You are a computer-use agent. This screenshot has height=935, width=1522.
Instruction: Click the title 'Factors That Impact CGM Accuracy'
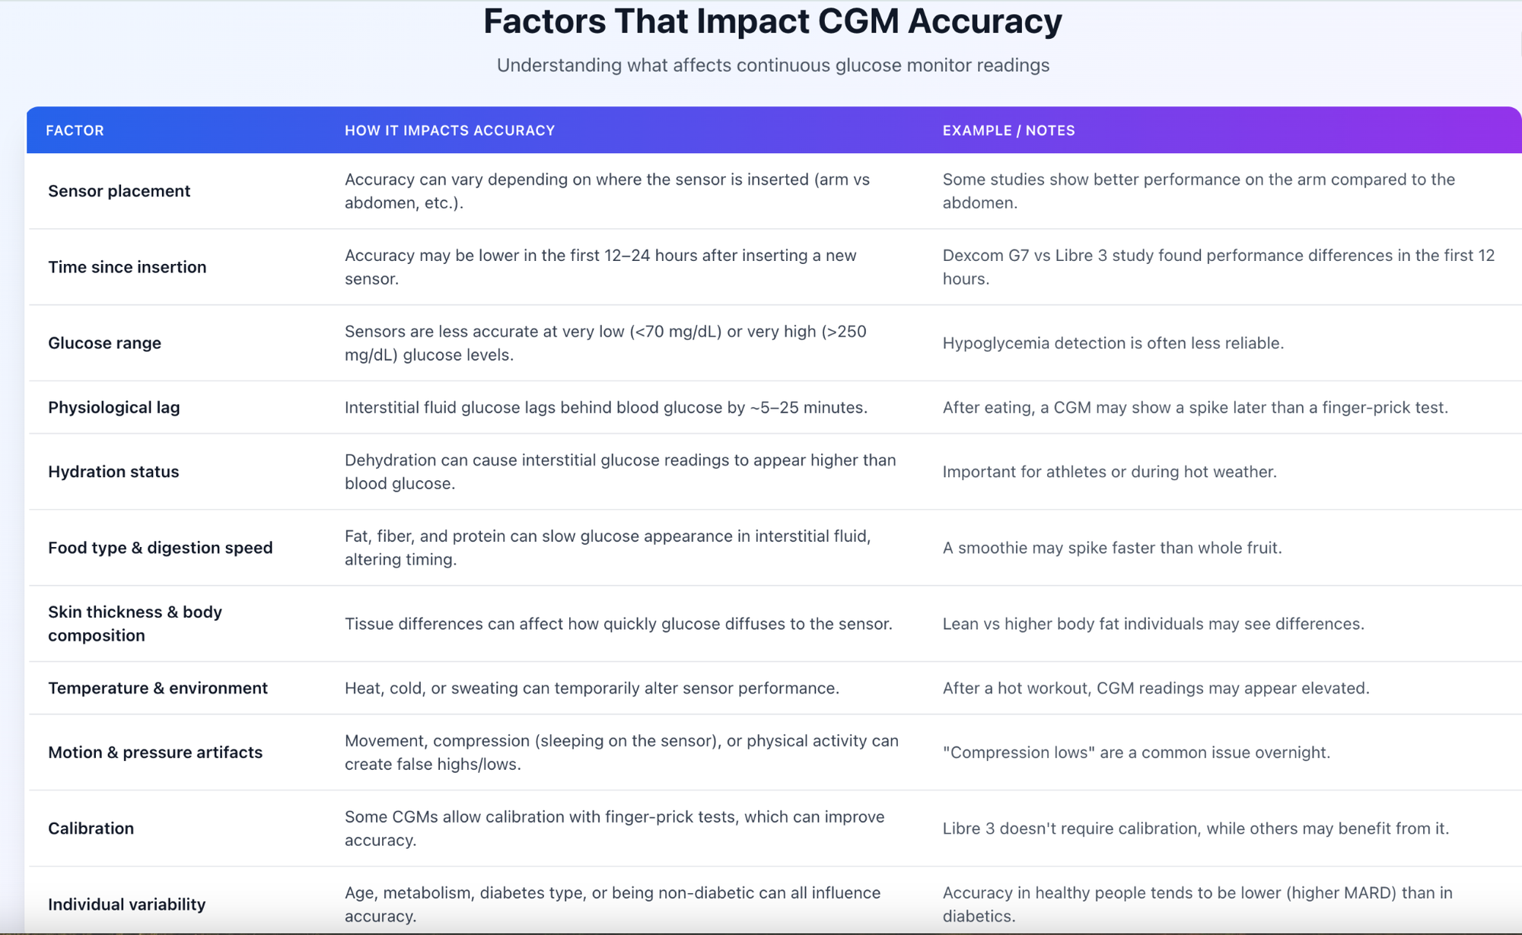772,21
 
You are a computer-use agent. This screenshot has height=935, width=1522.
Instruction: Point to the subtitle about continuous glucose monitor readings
772,65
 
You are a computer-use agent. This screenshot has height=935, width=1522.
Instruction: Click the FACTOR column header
75,130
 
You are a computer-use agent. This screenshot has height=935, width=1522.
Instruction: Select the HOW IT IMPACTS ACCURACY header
449,130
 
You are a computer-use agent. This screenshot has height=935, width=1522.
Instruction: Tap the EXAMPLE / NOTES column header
1008,130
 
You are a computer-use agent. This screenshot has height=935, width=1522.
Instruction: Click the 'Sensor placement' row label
119,191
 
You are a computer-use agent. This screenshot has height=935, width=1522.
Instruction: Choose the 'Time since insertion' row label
127,267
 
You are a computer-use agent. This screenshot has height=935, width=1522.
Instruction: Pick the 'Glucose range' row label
104,343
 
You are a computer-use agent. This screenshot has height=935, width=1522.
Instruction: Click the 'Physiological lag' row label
113,407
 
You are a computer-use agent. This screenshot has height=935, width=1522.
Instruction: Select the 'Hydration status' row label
113,472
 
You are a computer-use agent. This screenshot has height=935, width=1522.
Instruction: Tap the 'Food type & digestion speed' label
160,548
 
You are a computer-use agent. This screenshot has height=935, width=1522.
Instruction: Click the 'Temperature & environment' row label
158,688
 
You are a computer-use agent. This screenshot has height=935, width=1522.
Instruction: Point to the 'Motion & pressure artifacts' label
155,752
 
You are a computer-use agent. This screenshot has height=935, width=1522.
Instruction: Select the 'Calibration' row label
91,828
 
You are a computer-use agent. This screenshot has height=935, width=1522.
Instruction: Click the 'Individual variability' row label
126,905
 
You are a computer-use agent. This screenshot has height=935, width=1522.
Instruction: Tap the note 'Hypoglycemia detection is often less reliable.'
1113,343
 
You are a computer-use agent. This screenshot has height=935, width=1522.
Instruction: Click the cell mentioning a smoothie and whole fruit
1112,548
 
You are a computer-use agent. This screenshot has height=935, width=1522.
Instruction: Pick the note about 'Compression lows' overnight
1136,752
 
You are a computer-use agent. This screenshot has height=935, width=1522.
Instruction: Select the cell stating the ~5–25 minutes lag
606,407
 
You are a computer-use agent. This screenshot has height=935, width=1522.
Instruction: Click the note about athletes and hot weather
1109,472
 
